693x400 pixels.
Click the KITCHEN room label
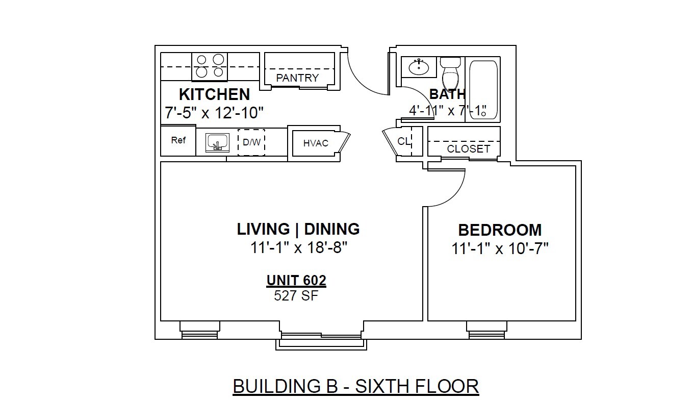[x=214, y=94]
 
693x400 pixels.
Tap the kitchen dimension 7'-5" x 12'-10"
[x=214, y=113]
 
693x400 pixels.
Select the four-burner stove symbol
[x=210, y=66]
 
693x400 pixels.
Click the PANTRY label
[x=297, y=78]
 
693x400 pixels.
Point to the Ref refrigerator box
[x=178, y=140]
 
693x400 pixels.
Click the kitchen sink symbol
[x=218, y=143]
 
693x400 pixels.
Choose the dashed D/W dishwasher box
[x=251, y=142]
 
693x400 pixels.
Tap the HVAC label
[x=316, y=143]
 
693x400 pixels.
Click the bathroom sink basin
[x=419, y=66]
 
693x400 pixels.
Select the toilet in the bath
[x=450, y=74]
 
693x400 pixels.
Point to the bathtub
[x=483, y=90]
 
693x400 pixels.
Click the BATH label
[x=447, y=94]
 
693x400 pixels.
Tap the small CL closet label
[x=404, y=141]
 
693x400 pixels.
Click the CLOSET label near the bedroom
[x=469, y=149]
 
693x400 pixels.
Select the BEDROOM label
[x=500, y=230]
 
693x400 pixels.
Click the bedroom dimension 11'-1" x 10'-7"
[x=500, y=248]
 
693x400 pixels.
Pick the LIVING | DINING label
[x=298, y=229]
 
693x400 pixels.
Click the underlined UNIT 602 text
[x=296, y=281]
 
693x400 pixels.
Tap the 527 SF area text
[x=296, y=296]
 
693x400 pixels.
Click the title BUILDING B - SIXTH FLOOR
[x=356, y=386]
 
